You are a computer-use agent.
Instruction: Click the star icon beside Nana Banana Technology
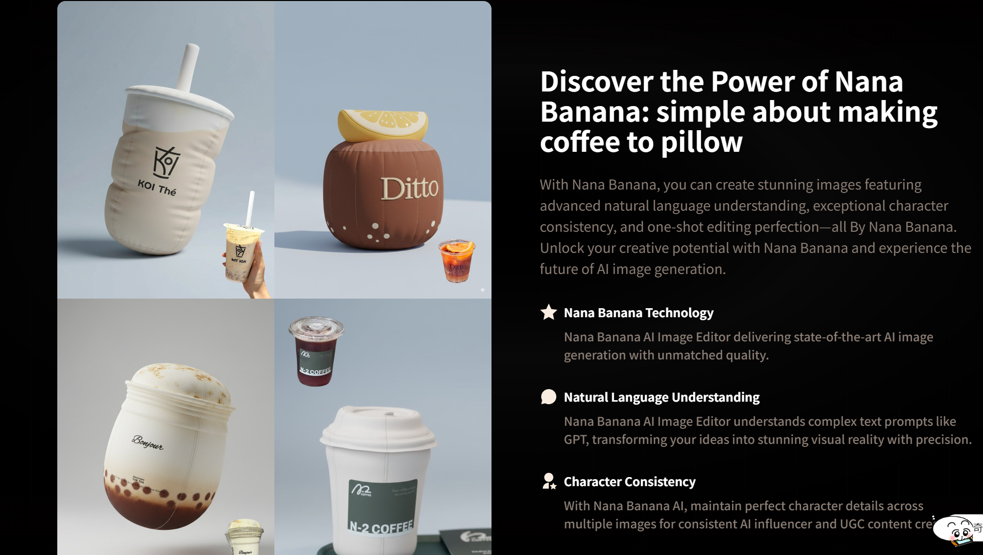[x=548, y=312]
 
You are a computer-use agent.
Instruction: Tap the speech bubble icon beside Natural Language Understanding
[x=548, y=397]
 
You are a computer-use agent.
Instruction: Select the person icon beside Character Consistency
[x=549, y=481]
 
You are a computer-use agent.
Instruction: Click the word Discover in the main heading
[x=596, y=82]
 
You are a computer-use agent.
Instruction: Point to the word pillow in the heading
[x=702, y=142]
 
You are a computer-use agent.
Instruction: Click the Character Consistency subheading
[x=629, y=482]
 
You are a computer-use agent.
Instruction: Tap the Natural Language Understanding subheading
[x=661, y=397]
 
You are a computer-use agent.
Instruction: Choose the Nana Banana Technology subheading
[x=638, y=313]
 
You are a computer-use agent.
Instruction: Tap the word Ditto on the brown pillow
[x=409, y=189]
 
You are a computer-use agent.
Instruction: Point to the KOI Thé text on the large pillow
[x=157, y=188]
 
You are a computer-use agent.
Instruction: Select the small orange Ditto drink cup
[x=456, y=260]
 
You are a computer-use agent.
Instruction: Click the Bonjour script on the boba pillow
[x=148, y=442]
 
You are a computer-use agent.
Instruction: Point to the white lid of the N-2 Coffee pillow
[x=378, y=427]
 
